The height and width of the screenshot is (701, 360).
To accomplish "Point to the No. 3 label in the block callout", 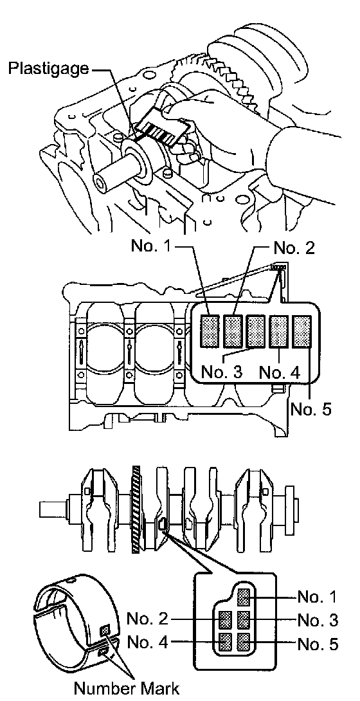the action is click(222, 372).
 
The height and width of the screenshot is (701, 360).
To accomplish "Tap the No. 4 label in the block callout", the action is click(279, 372).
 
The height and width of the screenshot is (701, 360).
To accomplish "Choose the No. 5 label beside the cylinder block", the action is click(311, 408).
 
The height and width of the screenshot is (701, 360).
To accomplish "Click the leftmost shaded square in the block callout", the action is click(210, 331).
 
